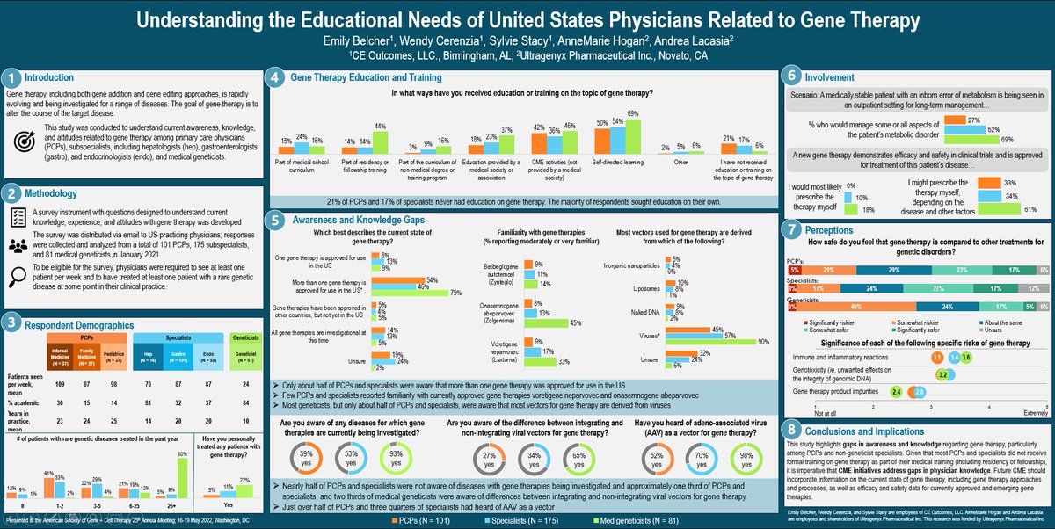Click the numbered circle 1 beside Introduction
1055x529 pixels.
click(10, 76)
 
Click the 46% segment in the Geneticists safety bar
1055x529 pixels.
click(869, 308)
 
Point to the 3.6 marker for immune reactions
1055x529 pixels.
click(965, 358)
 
